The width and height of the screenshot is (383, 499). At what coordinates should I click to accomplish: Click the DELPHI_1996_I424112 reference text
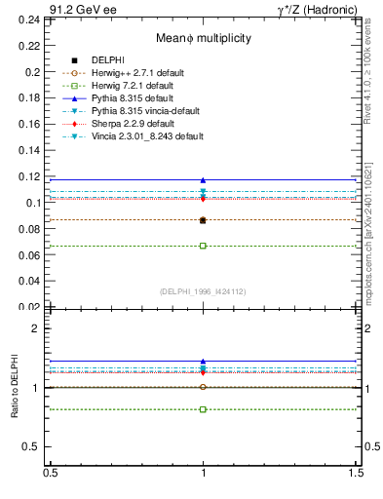pyautogui.click(x=203, y=290)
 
